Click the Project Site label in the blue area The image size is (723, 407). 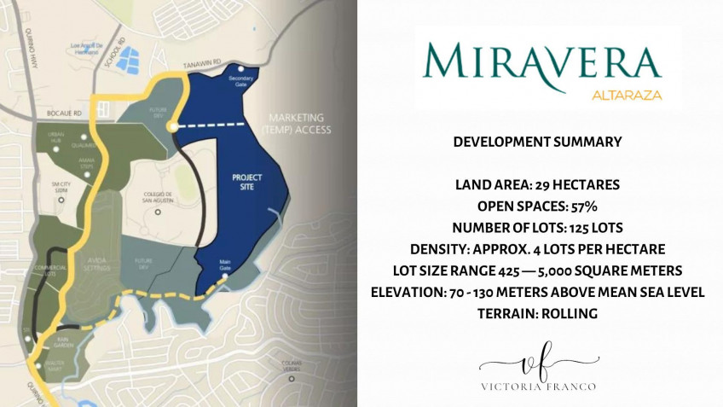tap(247, 182)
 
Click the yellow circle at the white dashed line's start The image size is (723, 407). tap(172, 126)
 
